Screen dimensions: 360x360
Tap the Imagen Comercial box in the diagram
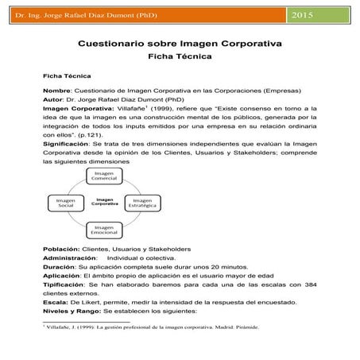coord(104,175)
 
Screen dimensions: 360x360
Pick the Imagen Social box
coord(66,203)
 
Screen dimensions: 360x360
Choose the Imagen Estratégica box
coord(142,203)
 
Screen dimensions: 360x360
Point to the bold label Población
coord(62,250)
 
